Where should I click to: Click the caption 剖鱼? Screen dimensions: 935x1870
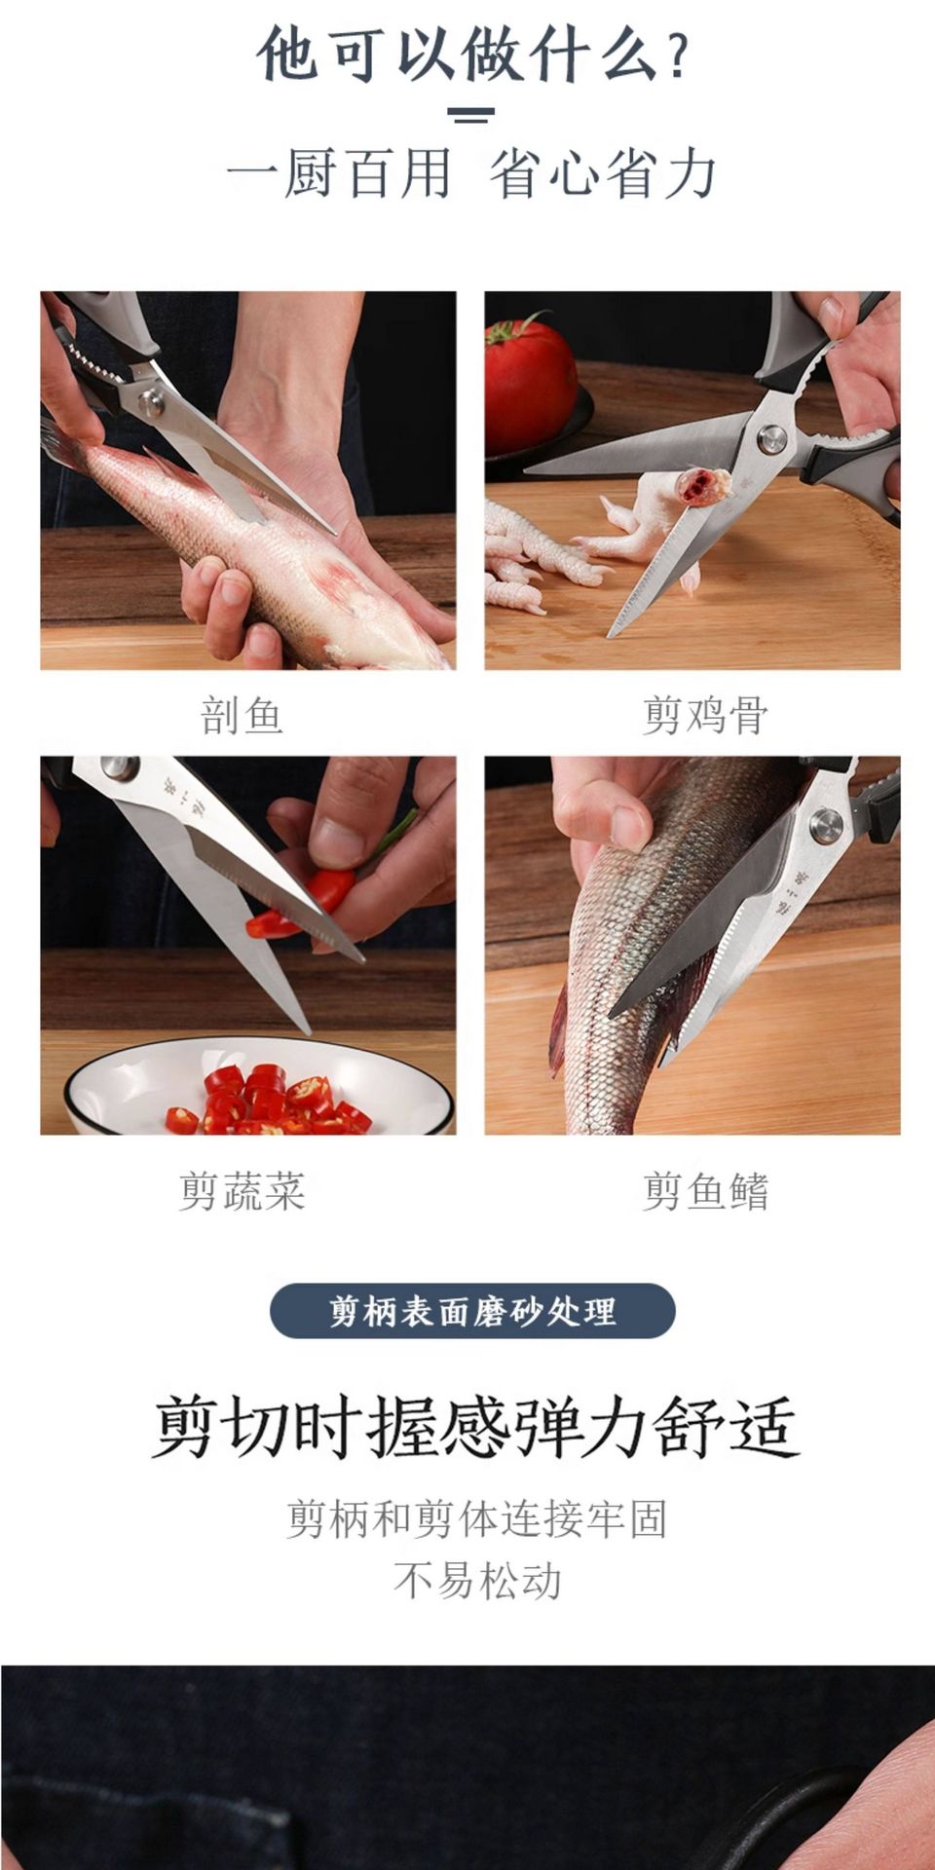[242, 716]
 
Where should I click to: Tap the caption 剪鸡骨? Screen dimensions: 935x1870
[705, 716]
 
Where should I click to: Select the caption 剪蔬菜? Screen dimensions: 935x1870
[242, 1191]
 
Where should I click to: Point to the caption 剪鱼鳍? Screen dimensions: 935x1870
[705, 1191]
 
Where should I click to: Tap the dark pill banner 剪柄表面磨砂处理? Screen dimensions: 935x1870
[472, 1311]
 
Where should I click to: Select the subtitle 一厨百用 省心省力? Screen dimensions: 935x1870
[471, 174]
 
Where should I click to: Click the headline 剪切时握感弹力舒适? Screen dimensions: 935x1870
[474, 1428]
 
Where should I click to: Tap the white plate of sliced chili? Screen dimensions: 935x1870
[260, 1088]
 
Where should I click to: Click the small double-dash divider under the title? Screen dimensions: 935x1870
[471, 115]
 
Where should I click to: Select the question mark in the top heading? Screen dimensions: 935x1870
[679, 57]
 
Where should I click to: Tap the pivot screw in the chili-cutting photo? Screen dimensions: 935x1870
[119, 768]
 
